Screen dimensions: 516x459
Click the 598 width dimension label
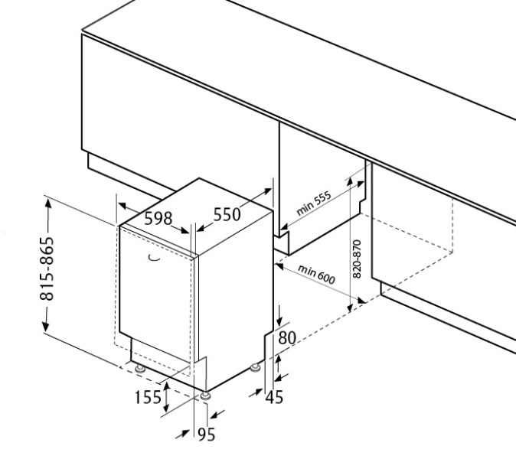coord(158,218)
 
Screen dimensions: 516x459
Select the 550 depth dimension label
coord(227,215)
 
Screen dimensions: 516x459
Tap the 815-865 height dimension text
coord(47,269)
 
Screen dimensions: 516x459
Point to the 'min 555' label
coord(314,203)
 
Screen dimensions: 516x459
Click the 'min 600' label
coord(316,274)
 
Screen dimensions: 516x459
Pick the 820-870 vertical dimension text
coord(357,259)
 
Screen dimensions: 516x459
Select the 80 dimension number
coord(287,337)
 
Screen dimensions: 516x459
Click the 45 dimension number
coord(274,397)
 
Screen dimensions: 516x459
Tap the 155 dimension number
coord(148,397)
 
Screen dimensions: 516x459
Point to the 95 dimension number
coord(207,435)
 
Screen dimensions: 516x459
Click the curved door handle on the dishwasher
coord(154,258)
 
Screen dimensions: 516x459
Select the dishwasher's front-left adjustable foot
coord(140,368)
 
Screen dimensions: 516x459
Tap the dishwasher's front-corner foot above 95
coord(205,396)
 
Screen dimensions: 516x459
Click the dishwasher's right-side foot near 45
coord(255,367)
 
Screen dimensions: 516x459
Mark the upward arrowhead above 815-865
coord(48,203)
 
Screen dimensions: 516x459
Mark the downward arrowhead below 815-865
coord(45,326)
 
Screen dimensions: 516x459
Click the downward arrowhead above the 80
coord(279,321)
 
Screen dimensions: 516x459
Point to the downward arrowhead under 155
coord(166,408)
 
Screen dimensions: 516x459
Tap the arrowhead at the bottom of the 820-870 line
coord(350,307)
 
